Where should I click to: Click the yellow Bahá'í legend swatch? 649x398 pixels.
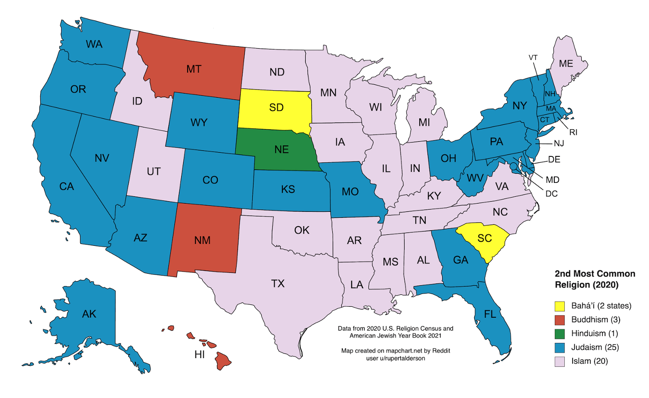[560, 306]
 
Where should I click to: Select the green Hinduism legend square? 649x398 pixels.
[560, 333]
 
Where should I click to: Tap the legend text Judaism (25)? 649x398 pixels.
[595, 347]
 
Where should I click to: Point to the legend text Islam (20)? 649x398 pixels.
[590, 361]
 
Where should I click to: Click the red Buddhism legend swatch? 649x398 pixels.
[560, 320]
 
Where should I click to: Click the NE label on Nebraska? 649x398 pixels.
[281, 149]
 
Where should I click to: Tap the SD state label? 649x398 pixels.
[276, 107]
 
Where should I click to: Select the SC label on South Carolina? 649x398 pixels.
[485, 238]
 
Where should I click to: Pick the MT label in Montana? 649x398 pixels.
[194, 69]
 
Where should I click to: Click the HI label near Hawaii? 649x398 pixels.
[200, 354]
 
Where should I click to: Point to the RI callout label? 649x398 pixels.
[573, 132]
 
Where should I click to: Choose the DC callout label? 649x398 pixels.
[552, 193]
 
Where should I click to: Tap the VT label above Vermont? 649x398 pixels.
[533, 57]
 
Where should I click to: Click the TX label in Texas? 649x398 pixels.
[278, 283]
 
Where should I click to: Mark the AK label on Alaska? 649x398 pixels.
[89, 314]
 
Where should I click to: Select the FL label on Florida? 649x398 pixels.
[490, 315]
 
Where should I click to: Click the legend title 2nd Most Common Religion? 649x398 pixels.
[595, 279]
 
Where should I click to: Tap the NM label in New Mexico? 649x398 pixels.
[202, 240]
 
